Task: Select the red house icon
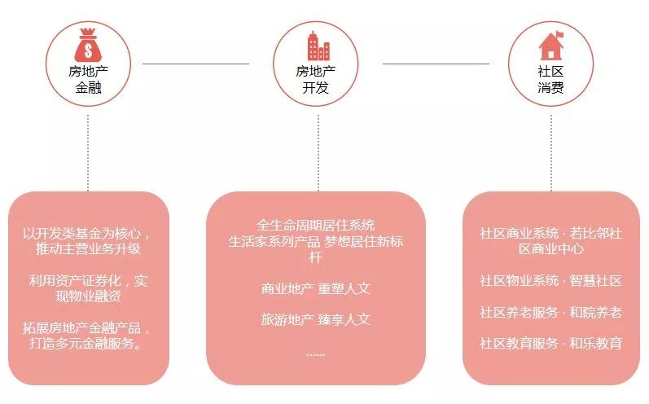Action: tap(550, 45)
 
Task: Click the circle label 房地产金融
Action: tap(88, 79)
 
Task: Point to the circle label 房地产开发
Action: tap(315, 79)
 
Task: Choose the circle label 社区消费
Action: tap(550, 79)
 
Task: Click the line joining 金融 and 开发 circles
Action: tap(195, 64)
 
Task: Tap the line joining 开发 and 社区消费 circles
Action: tap(436, 64)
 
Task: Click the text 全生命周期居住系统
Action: tap(315, 225)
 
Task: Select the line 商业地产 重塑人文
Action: tap(315, 288)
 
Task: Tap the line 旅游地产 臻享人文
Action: tap(315, 319)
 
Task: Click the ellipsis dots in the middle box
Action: tap(315, 354)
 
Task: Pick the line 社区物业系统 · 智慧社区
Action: tap(550, 281)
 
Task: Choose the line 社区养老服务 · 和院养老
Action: tap(550, 312)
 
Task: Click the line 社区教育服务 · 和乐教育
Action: tap(550, 343)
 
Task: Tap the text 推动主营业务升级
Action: tap(88, 249)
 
